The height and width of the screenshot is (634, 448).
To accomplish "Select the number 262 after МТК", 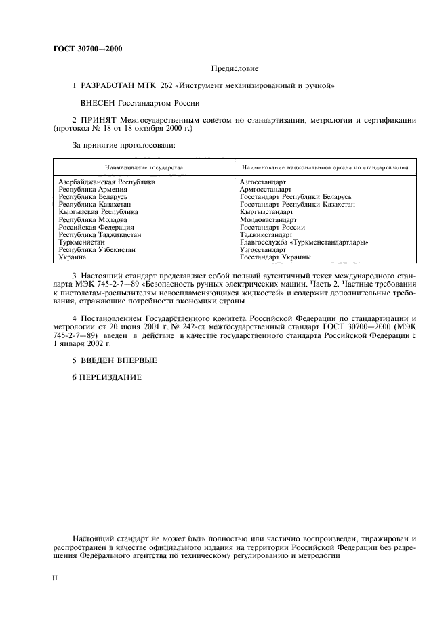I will (x=171, y=86).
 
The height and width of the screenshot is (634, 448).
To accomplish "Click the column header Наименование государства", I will (x=144, y=167).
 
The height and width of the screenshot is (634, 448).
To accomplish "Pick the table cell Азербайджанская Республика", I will (x=107, y=182).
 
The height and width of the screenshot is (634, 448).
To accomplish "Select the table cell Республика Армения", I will (x=89, y=190).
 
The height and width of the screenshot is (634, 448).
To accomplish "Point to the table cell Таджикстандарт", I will (x=266, y=234).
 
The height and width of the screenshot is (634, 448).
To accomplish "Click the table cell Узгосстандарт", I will (x=263, y=250).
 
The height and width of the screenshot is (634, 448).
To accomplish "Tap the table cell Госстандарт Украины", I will (x=275, y=257).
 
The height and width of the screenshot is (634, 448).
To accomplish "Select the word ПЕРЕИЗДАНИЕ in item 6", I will (x=112, y=377).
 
